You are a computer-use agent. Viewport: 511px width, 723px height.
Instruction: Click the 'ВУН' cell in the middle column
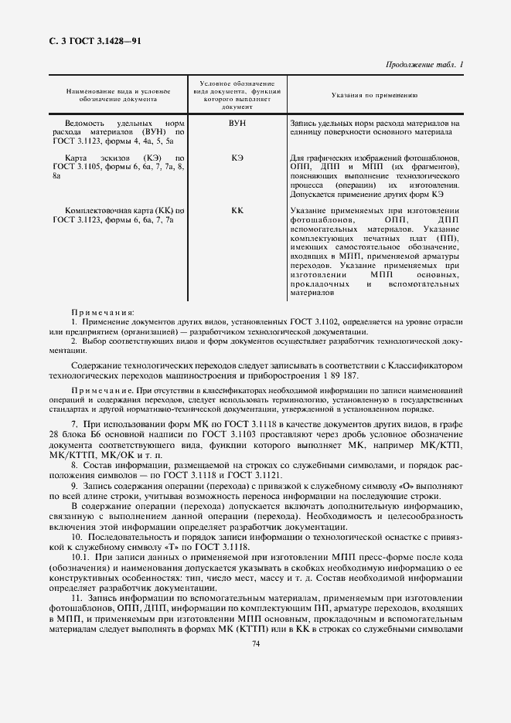(x=237, y=123)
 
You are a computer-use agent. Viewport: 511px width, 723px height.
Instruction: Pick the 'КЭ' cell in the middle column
(x=237, y=158)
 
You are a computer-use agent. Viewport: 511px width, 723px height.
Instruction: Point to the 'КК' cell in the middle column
(x=237, y=210)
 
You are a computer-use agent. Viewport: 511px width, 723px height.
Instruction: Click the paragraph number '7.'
(x=74, y=425)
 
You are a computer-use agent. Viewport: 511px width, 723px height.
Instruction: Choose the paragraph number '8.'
(x=74, y=465)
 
